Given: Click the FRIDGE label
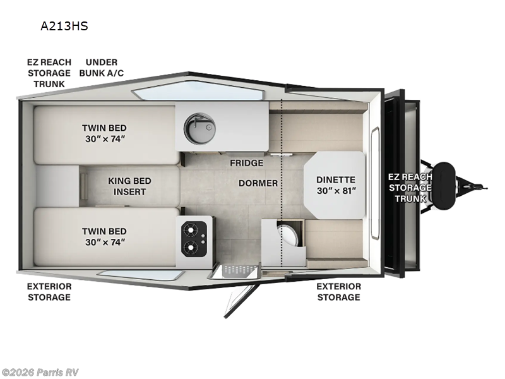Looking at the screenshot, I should [x=246, y=163].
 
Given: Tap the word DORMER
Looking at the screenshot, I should [x=258, y=184].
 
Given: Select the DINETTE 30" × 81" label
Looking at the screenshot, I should [x=336, y=185].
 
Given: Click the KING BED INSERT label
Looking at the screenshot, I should [x=130, y=186].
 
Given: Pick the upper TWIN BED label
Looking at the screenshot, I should [x=104, y=133].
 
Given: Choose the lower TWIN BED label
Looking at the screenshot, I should [x=104, y=237].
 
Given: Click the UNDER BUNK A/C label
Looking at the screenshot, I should [x=101, y=68].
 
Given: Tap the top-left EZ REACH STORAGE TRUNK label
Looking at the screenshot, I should [x=49, y=73].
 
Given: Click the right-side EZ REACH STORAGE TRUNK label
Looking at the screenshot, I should [x=410, y=188].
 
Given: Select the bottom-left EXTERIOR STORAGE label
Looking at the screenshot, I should [x=49, y=292].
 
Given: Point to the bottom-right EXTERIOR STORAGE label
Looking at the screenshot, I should [x=338, y=292].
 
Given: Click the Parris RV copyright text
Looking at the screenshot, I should [x=40, y=372].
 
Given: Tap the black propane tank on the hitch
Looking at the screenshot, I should [x=447, y=183].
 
